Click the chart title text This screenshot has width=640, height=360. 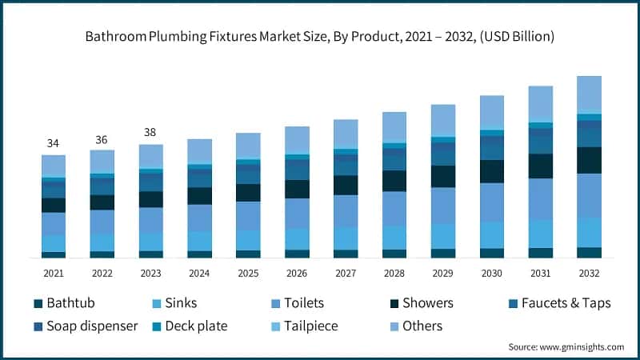click(320, 37)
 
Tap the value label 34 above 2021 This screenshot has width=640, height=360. click(53, 143)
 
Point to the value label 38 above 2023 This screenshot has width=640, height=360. click(150, 133)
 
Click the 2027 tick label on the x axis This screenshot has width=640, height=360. click(345, 273)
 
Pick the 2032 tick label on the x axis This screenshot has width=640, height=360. click(589, 273)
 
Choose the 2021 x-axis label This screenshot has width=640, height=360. click(53, 273)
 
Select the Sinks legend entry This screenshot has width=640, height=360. click(174, 303)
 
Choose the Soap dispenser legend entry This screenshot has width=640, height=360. click(86, 326)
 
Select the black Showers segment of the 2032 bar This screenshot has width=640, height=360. click(589, 160)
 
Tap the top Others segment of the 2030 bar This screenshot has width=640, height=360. click(492, 112)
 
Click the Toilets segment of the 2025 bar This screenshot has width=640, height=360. click(247, 215)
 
